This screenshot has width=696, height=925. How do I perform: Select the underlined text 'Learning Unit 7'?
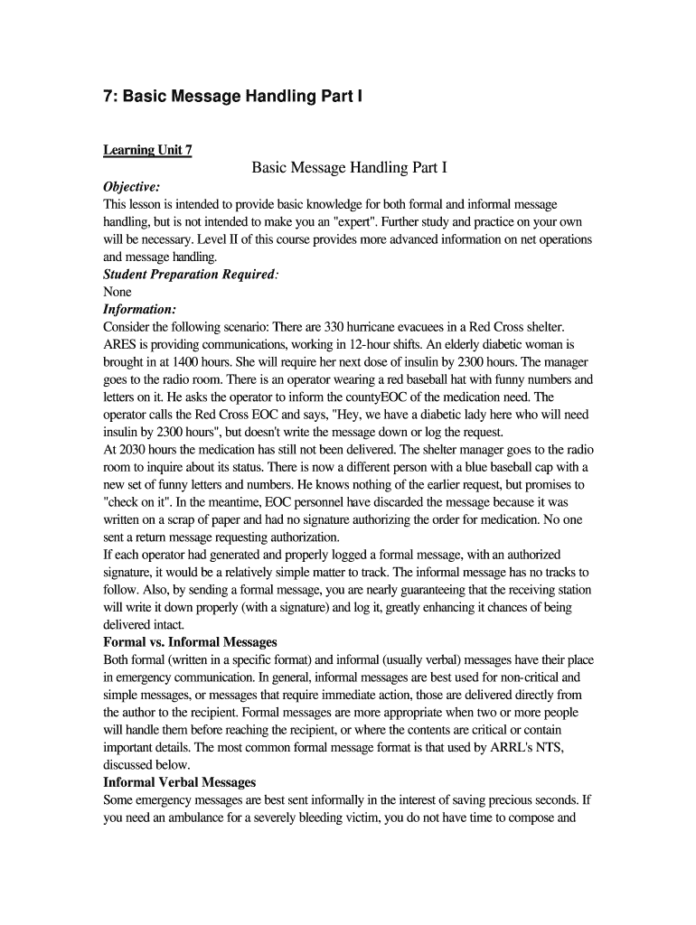pos(147,150)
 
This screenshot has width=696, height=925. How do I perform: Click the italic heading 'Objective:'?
pos(132,187)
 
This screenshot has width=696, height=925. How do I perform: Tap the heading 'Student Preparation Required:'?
pos(191,274)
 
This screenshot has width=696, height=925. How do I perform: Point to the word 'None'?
pos(118,292)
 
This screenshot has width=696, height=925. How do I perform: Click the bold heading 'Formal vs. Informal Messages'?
pos(191,642)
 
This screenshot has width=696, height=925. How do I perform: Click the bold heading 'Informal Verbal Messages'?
pos(180,782)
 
